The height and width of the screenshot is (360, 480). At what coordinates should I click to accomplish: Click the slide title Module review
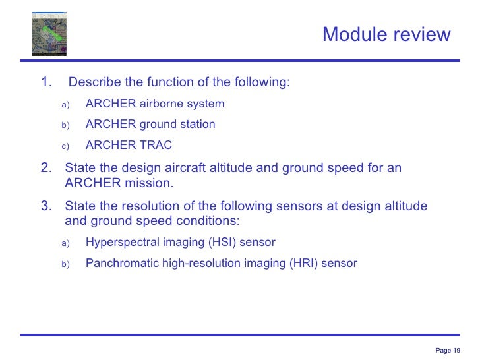pyautogui.click(x=386, y=34)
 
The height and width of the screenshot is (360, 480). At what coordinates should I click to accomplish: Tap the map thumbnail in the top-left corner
pyautogui.click(x=49, y=34)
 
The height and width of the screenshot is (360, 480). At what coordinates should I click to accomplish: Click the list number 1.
pyautogui.click(x=45, y=82)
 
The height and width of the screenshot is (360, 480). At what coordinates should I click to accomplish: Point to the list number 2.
pyautogui.click(x=45, y=168)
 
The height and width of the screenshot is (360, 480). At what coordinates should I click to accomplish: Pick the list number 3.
pyautogui.click(x=45, y=206)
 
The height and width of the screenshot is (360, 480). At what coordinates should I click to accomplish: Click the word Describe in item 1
pyautogui.click(x=95, y=82)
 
